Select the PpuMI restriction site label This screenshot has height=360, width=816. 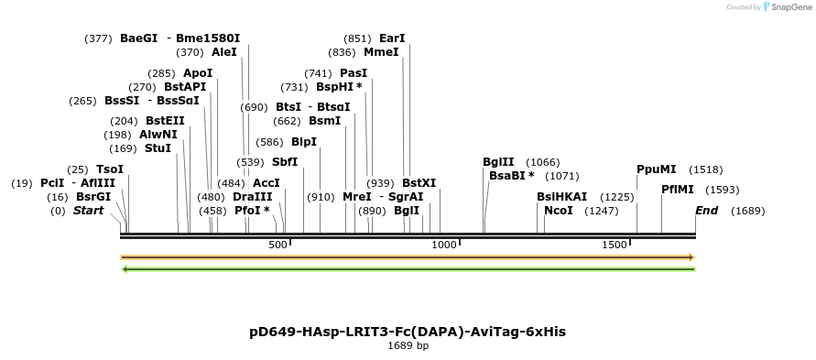coord(656,169)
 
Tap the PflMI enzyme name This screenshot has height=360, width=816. coord(677,190)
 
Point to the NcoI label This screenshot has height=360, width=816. coord(558,211)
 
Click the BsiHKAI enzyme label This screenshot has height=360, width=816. coord(561,197)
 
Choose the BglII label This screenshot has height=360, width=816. coord(499,162)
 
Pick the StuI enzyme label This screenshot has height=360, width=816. coord(158,148)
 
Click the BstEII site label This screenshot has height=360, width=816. coord(165,120)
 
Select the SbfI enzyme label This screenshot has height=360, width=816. coord(285,162)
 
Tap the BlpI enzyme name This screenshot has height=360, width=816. coord(303,142)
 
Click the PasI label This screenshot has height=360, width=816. coord(354,72)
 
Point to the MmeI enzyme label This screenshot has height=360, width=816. coord(381,52)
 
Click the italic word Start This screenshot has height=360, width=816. coord(88,211)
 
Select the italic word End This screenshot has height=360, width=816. coord(706,211)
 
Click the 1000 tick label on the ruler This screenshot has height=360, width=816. coord(444,245)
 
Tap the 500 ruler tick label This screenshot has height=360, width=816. coord(277,245)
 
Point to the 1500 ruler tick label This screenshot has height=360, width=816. coord(615,245)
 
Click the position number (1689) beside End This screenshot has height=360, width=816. coord(747,211)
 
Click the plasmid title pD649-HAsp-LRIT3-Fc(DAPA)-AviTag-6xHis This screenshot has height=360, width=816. coord(408,331)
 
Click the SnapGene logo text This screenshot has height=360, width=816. coord(789,7)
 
